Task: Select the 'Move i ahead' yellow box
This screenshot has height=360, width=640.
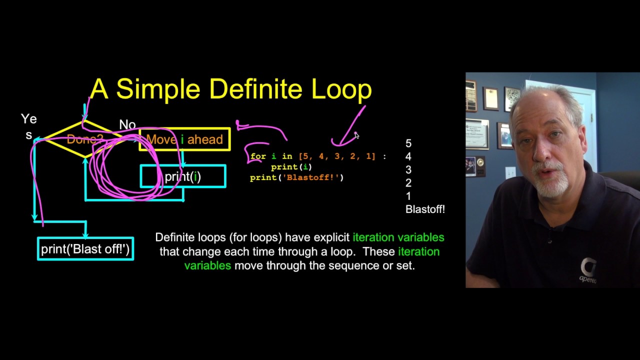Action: [x=184, y=139]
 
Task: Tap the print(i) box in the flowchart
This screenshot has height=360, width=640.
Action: [x=183, y=176]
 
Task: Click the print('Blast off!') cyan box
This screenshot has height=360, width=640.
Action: [x=85, y=249]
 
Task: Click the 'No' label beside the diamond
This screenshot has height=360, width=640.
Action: [x=127, y=124]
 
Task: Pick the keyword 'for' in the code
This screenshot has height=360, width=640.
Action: [x=258, y=156]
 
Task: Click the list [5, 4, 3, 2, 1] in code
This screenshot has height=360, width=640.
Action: [x=336, y=156]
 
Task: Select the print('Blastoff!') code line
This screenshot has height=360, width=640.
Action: [x=296, y=177]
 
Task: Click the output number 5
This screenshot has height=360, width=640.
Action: [x=408, y=144]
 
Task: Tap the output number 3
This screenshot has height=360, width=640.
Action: [x=408, y=170]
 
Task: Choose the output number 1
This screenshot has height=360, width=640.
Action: [x=408, y=196]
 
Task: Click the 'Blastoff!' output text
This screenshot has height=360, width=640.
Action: [x=425, y=209]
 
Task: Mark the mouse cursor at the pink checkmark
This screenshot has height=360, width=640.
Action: [x=356, y=135]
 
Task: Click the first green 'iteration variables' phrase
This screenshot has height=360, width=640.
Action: [x=398, y=237]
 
